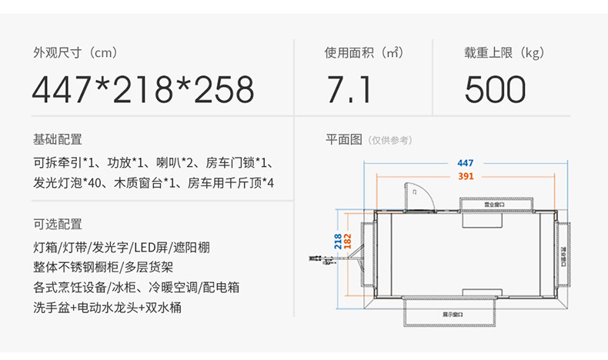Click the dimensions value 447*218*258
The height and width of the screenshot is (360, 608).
pos(143,90)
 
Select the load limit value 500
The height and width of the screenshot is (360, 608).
pos(496,90)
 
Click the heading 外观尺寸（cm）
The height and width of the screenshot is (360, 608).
pos(74,53)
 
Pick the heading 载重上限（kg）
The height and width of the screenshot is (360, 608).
pos(503,53)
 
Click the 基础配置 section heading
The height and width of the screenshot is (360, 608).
pos(57,139)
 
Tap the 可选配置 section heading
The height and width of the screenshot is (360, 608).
pos(57,224)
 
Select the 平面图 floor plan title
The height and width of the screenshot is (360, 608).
pos(343,139)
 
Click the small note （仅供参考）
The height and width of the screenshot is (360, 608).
pos(390,140)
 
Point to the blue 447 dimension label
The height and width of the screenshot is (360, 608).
pos(465,163)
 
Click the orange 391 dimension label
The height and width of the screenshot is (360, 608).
pos(465,176)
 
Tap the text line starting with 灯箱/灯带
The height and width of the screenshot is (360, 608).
pos(121,248)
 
